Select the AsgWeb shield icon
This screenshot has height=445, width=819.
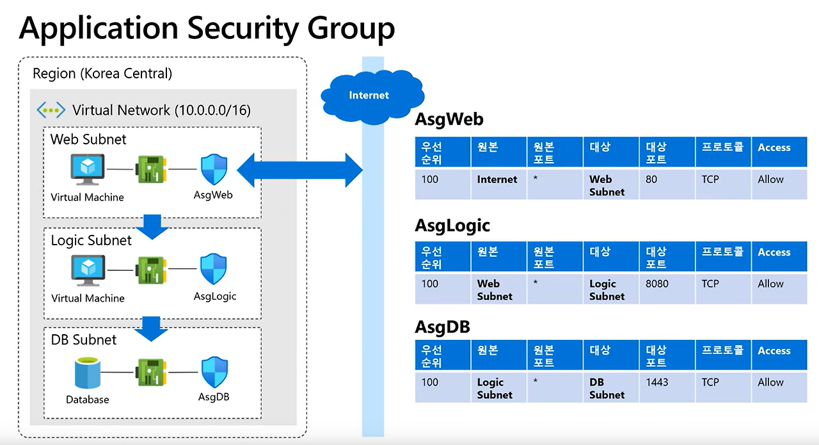coord(214,170)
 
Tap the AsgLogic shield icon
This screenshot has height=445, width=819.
coord(214,270)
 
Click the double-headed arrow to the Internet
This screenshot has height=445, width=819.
coord(299,170)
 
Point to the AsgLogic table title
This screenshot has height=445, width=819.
coord(452,225)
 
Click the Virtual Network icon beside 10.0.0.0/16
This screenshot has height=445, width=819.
coord(51,110)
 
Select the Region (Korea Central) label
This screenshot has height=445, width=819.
coord(102,74)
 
